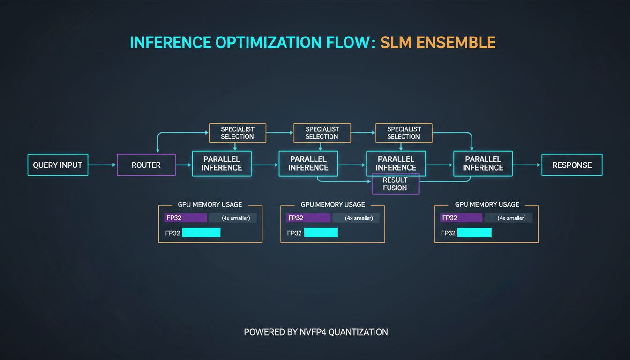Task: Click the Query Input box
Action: click(x=58, y=165)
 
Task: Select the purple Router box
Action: click(x=146, y=165)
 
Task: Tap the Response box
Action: click(x=572, y=165)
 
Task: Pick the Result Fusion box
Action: click(x=395, y=184)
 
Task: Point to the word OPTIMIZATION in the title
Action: click(x=272, y=42)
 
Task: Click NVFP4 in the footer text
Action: click(x=314, y=332)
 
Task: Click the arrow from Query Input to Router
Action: click(x=102, y=165)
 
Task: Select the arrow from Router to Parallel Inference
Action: click(x=184, y=165)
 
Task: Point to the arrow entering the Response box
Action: click(x=527, y=165)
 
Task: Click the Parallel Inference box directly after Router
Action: click(x=222, y=164)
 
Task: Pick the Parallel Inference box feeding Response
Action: click(x=483, y=164)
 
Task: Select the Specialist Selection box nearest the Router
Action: click(x=237, y=133)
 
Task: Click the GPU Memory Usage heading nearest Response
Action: click(x=487, y=204)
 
